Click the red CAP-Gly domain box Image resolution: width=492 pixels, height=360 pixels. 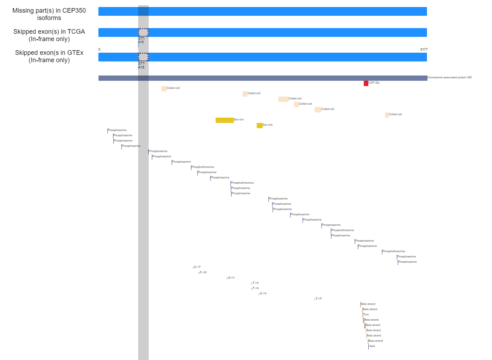(x=366, y=84)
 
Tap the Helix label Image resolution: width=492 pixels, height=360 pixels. (x=372, y=346)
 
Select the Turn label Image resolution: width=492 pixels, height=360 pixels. (x=366, y=315)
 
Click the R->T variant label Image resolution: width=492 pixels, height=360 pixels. (x=197, y=267)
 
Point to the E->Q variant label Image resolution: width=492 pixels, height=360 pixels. (x=203, y=273)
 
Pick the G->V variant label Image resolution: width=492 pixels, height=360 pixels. (x=231, y=278)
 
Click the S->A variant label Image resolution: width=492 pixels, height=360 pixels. (x=263, y=294)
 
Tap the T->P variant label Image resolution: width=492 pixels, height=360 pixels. (x=319, y=299)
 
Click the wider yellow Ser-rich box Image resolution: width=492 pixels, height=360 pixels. (x=225, y=120)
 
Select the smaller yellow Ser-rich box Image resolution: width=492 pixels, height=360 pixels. (x=260, y=126)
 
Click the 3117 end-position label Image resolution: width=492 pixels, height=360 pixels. (x=424, y=50)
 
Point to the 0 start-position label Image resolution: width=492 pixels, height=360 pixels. (x=99, y=50)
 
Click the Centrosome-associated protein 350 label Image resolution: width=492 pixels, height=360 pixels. (x=449, y=78)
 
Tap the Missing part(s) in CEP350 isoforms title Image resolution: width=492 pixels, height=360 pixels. (x=49, y=14)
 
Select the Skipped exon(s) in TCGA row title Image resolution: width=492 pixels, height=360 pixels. (x=49, y=35)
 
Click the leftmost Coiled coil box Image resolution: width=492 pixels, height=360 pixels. (x=164, y=89)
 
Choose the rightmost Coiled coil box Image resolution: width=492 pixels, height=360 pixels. (x=387, y=115)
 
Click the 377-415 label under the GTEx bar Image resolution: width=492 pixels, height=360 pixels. (x=142, y=65)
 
